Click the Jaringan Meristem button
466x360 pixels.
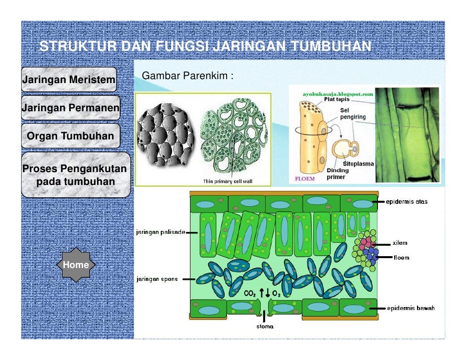pyautogui.click(x=68, y=80)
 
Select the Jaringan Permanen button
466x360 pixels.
pyautogui.click(x=70, y=107)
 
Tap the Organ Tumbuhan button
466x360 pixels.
pyautogui.click(x=70, y=136)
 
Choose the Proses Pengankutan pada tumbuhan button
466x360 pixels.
pyautogui.click(x=75, y=175)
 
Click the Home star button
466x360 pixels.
pyautogui.click(x=76, y=265)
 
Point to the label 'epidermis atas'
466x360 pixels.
pyautogui.click(x=408, y=201)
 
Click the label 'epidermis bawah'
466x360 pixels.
pyautogui.click(x=410, y=308)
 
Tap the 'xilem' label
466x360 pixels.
pyautogui.click(x=400, y=243)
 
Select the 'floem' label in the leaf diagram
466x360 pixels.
pyautogui.click(x=401, y=257)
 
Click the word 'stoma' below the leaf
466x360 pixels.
pyautogui.click(x=265, y=326)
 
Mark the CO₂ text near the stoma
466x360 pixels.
pyautogui.click(x=250, y=294)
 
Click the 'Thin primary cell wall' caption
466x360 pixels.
pyautogui.click(x=228, y=181)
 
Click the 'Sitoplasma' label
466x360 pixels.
pyautogui.click(x=359, y=163)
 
